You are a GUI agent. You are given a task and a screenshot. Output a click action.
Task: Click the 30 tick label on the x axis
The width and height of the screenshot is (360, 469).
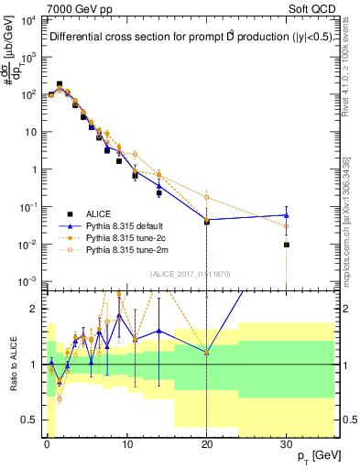[286, 444]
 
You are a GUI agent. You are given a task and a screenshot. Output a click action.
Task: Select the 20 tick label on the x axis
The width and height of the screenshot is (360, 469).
[206, 444]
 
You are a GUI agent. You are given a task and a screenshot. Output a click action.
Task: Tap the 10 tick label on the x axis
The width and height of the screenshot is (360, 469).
[126, 444]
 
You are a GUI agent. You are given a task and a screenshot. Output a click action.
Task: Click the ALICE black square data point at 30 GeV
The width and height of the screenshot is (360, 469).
[286, 245]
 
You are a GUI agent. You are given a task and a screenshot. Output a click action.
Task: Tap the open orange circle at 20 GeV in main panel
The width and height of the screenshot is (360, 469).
[206, 197]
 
